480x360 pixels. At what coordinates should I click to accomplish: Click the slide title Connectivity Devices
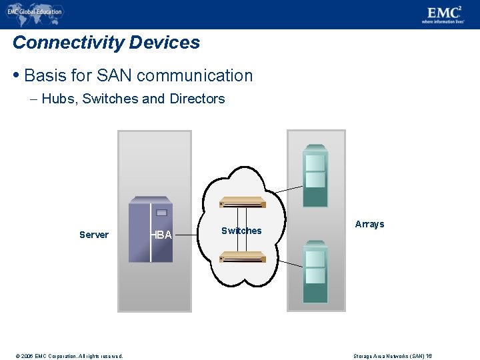[x=106, y=43]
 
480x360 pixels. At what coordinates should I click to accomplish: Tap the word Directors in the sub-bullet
[x=197, y=99]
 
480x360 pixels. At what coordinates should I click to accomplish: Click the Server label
[x=93, y=235]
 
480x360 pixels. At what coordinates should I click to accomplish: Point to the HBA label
[x=161, y=235]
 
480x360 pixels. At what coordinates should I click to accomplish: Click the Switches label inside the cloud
[x=241, y=231]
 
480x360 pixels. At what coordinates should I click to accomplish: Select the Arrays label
[x=369, y=224]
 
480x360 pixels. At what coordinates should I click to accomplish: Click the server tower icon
[x=151, y=229]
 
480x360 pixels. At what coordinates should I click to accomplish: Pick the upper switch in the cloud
[x=243, y=202]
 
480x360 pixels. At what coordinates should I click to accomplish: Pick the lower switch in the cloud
[x=243, y=256]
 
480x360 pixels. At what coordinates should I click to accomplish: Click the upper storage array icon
[x=315, y=175]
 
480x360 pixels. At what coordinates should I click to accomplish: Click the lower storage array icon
[x=315, y=271]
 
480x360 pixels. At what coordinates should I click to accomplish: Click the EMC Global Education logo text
[x=35, y=11]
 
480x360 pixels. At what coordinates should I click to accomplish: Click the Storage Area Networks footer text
[x=393, y=356]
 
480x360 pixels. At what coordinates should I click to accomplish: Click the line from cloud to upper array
[x=288, y=189]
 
